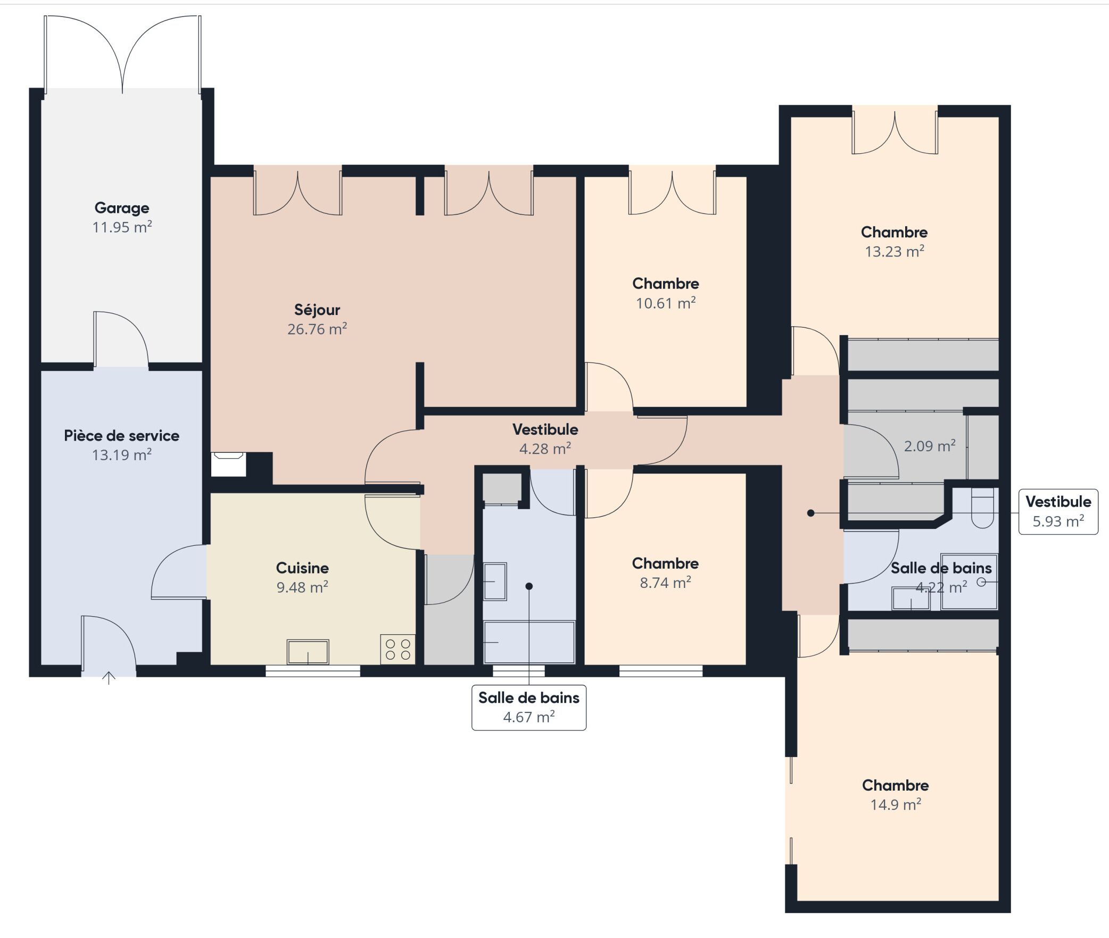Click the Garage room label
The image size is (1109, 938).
click(122, 208)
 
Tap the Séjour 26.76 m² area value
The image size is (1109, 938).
click(317, 329)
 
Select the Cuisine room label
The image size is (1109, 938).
click(302, 568)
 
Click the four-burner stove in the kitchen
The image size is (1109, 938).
click(398, 649)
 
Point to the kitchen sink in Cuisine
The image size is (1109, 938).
click(308, 652)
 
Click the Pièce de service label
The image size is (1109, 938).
click(122, 436)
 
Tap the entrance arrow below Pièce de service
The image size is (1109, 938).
click(109, 677)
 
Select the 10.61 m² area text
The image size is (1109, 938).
click(666, 303)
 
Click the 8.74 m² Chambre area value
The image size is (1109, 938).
click(666, 583)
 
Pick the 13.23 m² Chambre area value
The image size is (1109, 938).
click(895, 251)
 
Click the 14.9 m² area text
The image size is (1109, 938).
click(896, 804)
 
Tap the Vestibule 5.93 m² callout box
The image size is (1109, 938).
click(1058, 511)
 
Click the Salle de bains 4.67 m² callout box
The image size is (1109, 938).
click(529, 708)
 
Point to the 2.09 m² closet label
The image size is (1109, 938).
click(930, 446)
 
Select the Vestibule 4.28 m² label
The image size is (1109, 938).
click(545, 439)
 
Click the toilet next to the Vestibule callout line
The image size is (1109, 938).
click(982, 509)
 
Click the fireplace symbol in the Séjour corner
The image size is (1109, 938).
click(228, 463)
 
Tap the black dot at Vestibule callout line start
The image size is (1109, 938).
click(810, 513)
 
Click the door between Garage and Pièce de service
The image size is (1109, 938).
click(121, 339)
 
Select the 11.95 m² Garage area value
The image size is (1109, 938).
click(122, 227)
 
